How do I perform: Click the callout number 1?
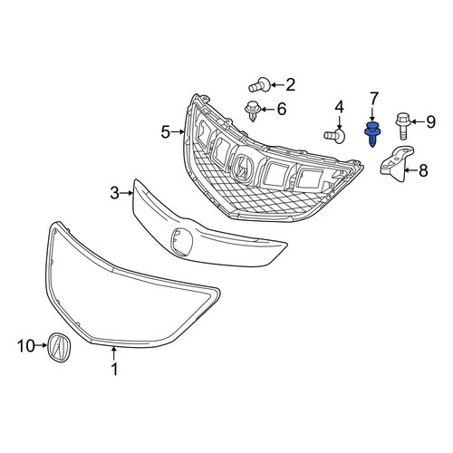pyautogui.click(x=114, y=369)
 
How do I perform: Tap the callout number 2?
pyautogui.click(x=290, y=85)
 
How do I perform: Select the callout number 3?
pyautogui.click(x=115, y=193)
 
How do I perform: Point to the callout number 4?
pyautogui.click(x=340, y=108)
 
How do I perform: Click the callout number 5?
pyautogui.click(x=166, y=132)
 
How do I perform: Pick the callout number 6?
pyautogui.click(x=282, y=109)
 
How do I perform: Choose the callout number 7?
pyautogui.click(x=373, y=99)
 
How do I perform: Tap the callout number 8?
pyautogui.click(x=423, y=170)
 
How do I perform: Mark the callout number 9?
pyautogui.click(x=430, y=122)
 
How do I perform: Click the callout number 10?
pyautogui.click(x=26, y=346)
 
